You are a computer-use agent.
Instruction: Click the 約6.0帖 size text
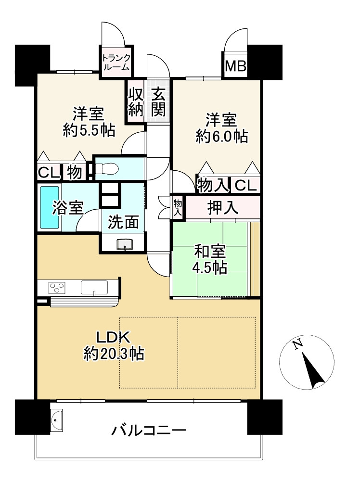coord(222,136)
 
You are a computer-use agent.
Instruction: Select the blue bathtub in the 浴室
coord(50,207)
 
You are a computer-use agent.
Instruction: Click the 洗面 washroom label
coord(123,222)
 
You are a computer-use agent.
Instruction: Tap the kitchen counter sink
coord(94,288)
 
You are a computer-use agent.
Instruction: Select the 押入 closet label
coord(223,207)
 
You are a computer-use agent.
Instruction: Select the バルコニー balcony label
coord(149,429)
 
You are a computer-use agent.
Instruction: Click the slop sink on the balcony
coord(57,419)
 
